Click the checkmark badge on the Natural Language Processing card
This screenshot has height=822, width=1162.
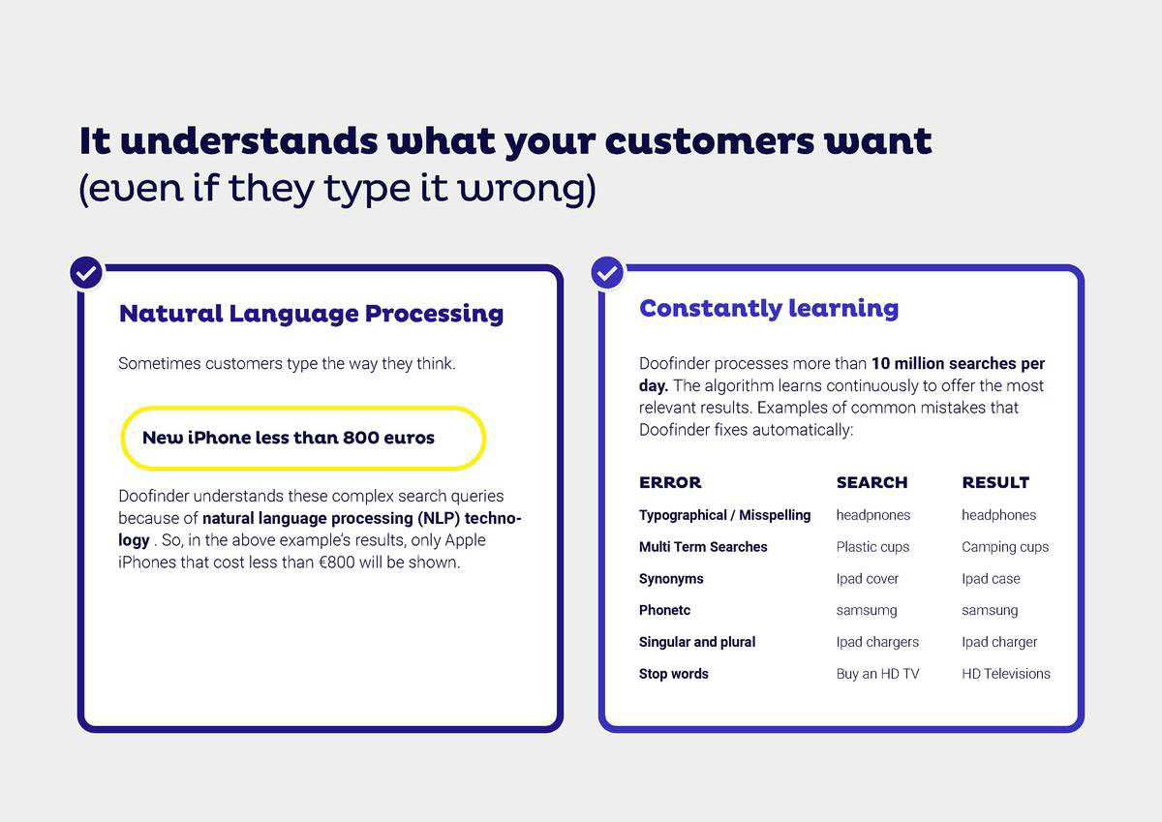(86, 273)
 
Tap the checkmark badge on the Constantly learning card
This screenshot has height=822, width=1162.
(607, 273)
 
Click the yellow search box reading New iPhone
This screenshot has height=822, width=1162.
(303, 439)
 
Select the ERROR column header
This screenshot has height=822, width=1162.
(670, 482)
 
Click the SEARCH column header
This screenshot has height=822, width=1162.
(871, 482)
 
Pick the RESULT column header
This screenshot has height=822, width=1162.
(995, 482)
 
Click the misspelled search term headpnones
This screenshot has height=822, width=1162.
(873, 515)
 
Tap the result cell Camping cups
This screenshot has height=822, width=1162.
(1005, 547)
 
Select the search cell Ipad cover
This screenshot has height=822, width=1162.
(867, 579)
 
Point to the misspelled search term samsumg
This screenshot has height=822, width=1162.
(867, 610)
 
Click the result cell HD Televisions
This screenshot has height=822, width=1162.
(1006, 674)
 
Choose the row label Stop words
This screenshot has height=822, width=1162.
(673, 674)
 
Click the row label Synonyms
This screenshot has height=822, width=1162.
(671, 579)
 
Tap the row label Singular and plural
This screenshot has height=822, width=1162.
(696, 642)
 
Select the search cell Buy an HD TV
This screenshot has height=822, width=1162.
(877, 674)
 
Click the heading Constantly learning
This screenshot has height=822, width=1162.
(768, 310)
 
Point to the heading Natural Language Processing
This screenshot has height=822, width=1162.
(311, 315)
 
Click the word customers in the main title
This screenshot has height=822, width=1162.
(709, 141)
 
